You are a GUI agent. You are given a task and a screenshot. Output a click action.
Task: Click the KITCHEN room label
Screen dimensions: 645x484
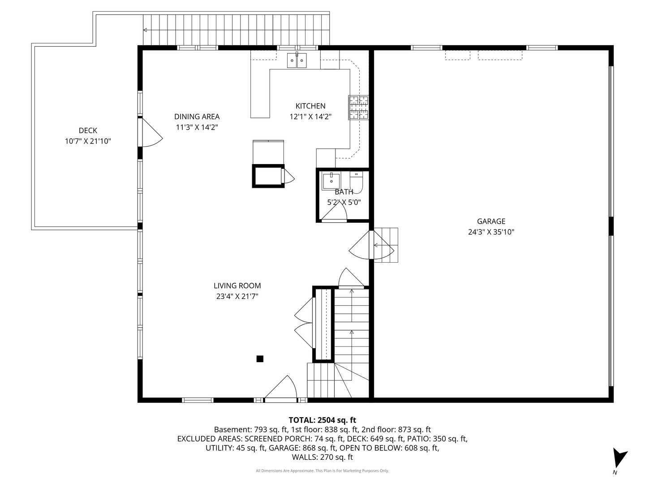(310, 106)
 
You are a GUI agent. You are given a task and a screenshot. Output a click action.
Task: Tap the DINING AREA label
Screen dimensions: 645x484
(197, 117)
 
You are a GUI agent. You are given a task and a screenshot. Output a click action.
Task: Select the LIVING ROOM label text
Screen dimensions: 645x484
(237, 285)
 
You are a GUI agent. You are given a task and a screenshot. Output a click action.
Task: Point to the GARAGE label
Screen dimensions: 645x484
(491, 221)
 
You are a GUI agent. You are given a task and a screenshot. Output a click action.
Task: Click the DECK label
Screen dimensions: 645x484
(88, 130)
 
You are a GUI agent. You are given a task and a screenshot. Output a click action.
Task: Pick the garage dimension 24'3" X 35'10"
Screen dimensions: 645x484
(491, 232)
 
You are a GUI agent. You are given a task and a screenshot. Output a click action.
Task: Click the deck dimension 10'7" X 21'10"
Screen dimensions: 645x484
(88, 141)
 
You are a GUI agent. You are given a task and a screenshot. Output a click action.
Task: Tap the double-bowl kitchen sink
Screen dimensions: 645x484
(297, 60)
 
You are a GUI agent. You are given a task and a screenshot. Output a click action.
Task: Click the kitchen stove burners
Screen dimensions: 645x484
(358, 108)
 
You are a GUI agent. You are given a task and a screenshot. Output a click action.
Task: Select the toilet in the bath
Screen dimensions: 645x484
(356, 182)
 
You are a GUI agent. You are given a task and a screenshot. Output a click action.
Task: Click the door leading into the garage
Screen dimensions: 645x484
(371, 245)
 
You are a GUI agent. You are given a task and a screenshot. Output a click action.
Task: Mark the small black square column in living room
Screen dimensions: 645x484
(260, 359)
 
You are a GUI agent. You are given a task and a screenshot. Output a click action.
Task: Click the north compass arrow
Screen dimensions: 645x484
(619, 458)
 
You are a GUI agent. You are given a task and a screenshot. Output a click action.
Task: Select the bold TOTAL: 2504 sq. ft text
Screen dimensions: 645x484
(322, 420)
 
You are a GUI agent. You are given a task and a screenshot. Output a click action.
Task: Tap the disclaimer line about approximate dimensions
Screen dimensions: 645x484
(322, 471)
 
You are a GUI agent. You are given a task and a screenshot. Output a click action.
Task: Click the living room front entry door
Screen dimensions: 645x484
(281, 389)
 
